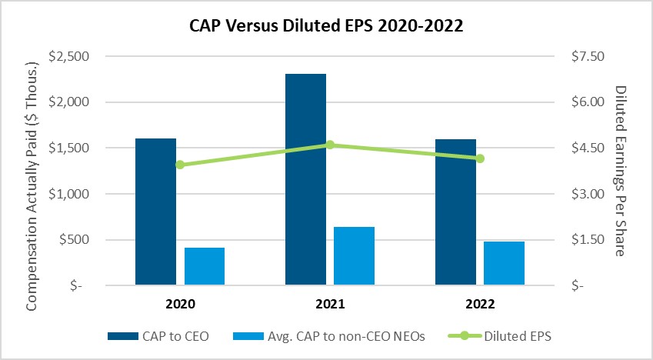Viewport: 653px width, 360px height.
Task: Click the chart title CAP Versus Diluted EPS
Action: pyautogui.click(x=326, y=26)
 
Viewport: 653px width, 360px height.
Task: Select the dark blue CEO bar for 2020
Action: pyautogui.click(x=156, y=212)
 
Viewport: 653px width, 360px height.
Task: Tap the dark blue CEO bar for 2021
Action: pyautogui.click(x=305, y=179)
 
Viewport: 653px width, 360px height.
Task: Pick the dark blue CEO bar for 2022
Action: pyautogui.click(x=455, y=212)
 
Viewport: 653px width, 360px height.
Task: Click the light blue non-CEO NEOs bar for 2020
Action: pyautogui.click(x=205, y=266)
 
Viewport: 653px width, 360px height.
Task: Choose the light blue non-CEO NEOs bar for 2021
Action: pyautogui.click(x=354, y=256)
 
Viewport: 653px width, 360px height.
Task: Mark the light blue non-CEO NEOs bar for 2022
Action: pyautogui.click(x=504, y=263)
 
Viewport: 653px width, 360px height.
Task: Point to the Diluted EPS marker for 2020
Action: pyautogui.click(x=180, y=165)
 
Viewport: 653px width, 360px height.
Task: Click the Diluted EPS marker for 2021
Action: pyautogui.click(x=330, y=145)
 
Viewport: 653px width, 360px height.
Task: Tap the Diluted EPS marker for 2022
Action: pyautogui.click(x=480, y=158)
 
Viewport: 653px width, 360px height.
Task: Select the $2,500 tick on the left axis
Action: pyautogui.click(x=69, y=56)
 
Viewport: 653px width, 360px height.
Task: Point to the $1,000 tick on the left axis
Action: pyautogui.click(x=69, y=194)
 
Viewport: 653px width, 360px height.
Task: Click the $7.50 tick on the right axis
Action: pyautogui.click(x=588, y=56)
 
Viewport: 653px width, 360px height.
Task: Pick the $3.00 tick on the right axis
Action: pyautogui.click(x=588, y=194)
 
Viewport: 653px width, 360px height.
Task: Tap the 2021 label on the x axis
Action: pyautogui.click(x=330, y=304)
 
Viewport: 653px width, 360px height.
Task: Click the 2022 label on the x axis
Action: pyautogui.click(x=480, y=304)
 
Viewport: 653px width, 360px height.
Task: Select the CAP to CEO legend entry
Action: pyautogui.click(x=158, y=336)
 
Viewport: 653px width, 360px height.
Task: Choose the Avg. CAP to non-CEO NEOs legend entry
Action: pyautogui.click(x=329, y=336)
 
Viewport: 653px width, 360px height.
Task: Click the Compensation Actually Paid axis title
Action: pyautogui.click(x=32, y=186)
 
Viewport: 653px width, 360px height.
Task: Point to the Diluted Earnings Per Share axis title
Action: pyautogui.click(x=621, y=171)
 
